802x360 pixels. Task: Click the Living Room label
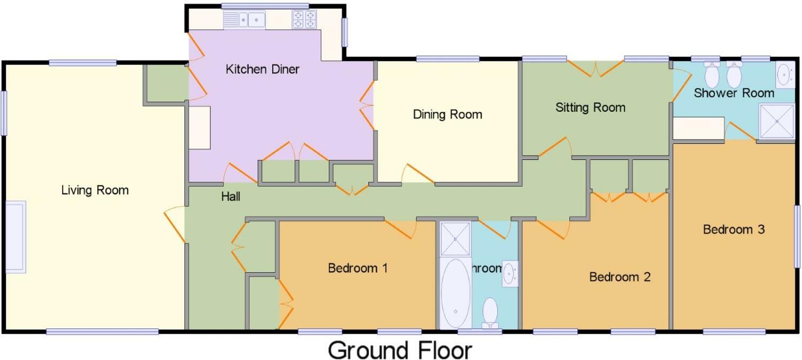pos(95,190)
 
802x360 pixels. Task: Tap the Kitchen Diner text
pos(263,69)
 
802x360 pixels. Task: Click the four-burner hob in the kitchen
pos(304,20)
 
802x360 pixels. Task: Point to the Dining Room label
pos(448,114)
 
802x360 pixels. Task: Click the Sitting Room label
pos(590,108)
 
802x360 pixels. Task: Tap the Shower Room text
pos(734,93)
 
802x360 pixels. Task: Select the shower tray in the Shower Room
pos(777,121)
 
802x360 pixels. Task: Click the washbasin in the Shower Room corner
pos(785,74)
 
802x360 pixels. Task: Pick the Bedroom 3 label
pos(734,229)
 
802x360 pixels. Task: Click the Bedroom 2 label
pos(620,277)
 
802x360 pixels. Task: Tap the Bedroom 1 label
pos(358,267)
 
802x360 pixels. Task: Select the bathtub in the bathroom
pos(456,293)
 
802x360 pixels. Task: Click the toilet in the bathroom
pos(490,312)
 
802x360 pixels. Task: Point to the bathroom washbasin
pos(510,274)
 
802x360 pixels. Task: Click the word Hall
pos(230,197)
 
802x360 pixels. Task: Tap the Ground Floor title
pos(400,350)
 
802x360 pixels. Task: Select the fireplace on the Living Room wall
pos(16,236)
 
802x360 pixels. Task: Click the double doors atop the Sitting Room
pos(596,68)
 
